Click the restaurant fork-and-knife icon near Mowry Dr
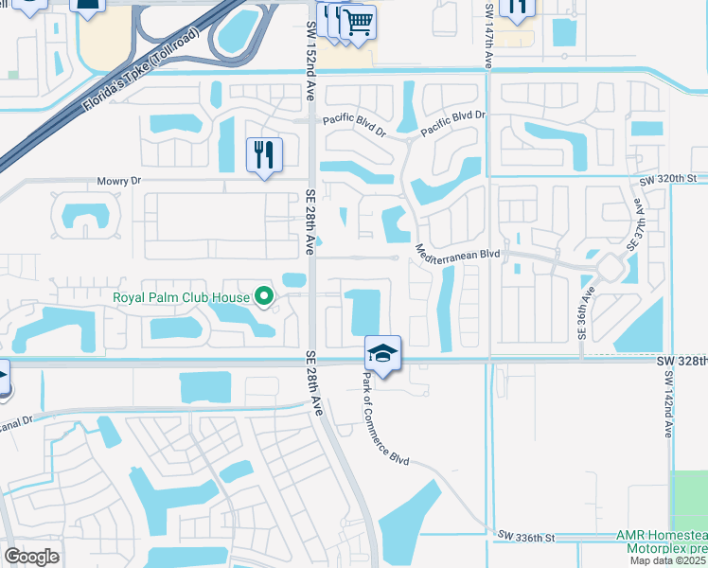(264, 155)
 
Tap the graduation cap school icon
(382, 354)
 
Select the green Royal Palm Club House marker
(265, 297)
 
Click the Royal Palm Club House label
(181, 297)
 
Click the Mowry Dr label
(118, 180)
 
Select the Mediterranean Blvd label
(457, 253)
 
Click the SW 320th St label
(667, 178)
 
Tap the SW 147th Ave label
(488, 34)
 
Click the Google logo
(32, 557)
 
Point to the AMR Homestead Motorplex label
(661, 541)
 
